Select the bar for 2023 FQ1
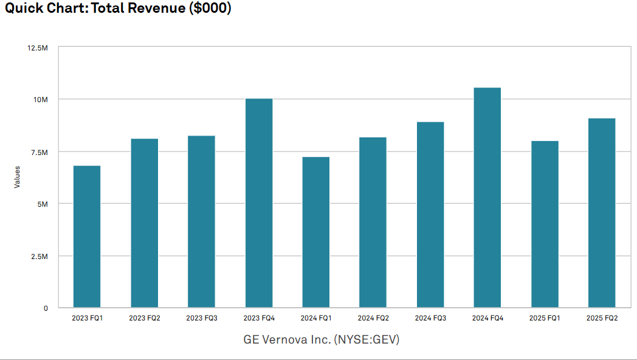click(87, 237)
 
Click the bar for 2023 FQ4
click(259, 203)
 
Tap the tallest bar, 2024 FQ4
click(487, 198)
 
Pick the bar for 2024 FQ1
click(316, 232)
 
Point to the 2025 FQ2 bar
click(602, 213)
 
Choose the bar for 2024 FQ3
click(430, 215)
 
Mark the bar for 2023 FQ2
click(144, 223)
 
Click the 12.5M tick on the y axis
click(39, 47)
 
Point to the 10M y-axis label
click(41, 99)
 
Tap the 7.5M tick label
click(40, 152)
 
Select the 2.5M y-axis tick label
click(40, 256)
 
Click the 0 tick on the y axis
click(46, 308)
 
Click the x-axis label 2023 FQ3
click(201, 318)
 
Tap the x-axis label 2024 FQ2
click(373, 318)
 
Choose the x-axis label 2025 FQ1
click(545, 318)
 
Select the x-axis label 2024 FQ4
click(487, 318)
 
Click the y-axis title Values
click(17, 177)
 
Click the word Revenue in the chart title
click(158, 9)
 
